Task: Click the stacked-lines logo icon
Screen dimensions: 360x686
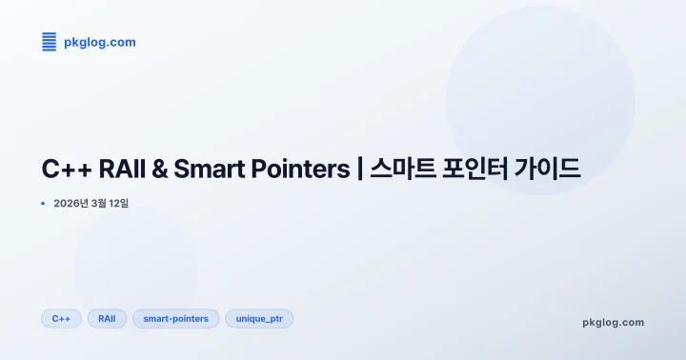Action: pos(50,41)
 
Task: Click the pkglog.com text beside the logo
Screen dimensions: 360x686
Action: pos(99,42)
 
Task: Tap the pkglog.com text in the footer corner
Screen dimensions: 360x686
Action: pos(613,322)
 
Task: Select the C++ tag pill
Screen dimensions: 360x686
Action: pos(61,318)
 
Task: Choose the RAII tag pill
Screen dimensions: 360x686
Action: pos(107,318)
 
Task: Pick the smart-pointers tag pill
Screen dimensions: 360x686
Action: pos(175,318)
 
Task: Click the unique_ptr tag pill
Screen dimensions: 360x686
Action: pos(259,318)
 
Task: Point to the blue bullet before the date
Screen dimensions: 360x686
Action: pos(44,203)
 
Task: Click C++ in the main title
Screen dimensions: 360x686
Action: pos(65,170)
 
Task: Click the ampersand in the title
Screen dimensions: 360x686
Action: pos(160,170)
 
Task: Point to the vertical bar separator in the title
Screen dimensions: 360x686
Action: pos(359,170)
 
